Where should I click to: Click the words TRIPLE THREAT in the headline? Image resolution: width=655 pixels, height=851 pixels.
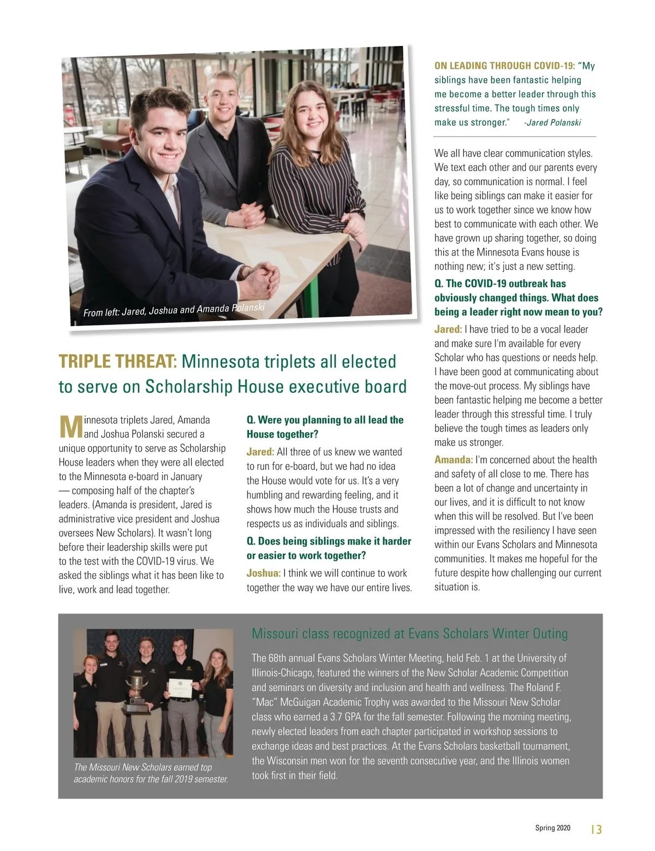coord(117,362)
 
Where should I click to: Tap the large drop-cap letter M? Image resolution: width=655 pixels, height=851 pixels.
coord(70,427)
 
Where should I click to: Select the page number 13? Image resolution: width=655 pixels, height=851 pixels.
coord(596,829)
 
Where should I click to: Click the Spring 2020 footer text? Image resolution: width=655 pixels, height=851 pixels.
coord(552,828)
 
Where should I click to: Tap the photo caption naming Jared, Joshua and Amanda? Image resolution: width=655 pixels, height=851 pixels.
coord(174,310)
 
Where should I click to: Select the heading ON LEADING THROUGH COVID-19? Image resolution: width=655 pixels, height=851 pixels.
coord(504,66)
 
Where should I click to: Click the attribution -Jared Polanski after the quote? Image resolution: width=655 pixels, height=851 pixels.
coord(552,122)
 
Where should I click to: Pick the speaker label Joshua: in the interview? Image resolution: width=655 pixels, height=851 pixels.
coord(264,573)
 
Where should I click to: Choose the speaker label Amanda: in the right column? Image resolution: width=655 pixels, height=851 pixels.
coord(454,460)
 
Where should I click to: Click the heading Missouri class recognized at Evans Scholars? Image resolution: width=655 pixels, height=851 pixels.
coord(409,634)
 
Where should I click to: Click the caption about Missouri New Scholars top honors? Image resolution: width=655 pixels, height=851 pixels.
coord(151,773)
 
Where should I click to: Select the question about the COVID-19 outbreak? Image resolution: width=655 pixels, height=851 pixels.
coord(518,298)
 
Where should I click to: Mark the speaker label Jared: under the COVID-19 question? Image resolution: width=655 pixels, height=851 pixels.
coord(448,329)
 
